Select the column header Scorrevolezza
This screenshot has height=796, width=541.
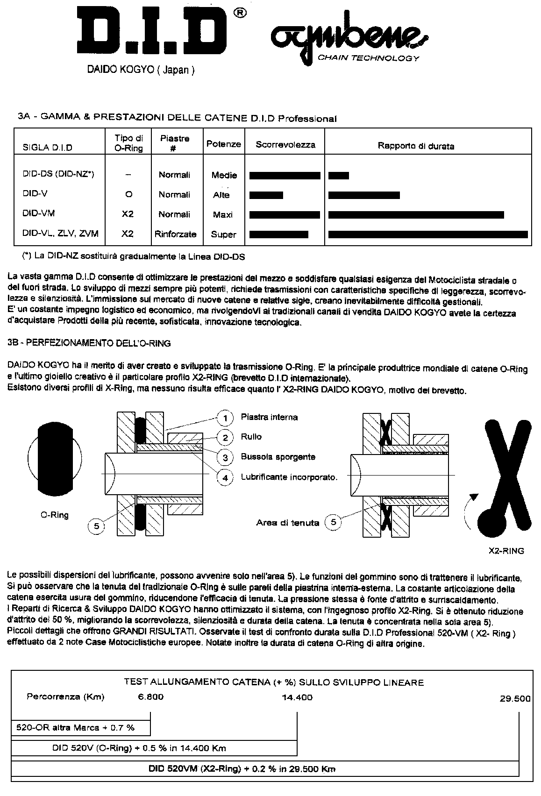pyautogui.click(x=285, y=145)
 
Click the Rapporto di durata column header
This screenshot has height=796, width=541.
pyautogui.click(x=416, y=146)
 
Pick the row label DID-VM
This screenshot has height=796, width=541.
pyautogui.click(x=39, y=213)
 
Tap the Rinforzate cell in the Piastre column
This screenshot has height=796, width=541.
pyautogui.click(x=175, y=234)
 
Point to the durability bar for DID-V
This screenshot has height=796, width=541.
pyautogui.click(x=364, y=195)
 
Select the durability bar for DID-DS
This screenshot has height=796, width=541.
pyautogui.click(x=339, y=176)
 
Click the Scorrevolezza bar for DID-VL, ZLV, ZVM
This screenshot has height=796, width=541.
pyautogui.click(x=278, y=234)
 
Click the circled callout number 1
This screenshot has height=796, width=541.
pyautogui.click(x=225, y=417)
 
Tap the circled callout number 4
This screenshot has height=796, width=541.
pyautogui.click(x=225, y=477)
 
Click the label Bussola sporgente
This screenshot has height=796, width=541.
pyautogui.click(x=278, y=457)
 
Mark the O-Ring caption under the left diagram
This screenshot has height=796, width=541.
pyautogui.click(x=54, y=515)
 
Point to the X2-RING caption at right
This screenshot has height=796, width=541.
pyautogui.click(x=506, y=551)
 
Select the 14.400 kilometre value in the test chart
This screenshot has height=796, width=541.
pyautogui.click(x=297, y=697)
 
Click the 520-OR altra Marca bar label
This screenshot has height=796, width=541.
pyautogui.click(x=75, y=727)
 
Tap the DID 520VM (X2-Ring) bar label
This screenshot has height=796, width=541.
pyautogui.click(x=242, y=769)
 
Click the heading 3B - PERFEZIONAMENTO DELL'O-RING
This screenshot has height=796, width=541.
pyautogui.click(x=89, y=343)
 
